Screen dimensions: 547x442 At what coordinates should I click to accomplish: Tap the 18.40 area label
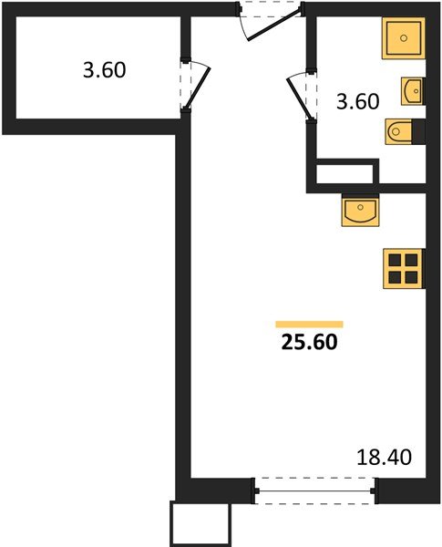pos(383,455)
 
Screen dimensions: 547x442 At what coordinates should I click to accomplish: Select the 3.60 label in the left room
pos(105,70)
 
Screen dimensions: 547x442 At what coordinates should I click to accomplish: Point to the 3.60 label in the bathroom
pos(357,102)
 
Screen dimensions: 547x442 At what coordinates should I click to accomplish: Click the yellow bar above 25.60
pos(309,324)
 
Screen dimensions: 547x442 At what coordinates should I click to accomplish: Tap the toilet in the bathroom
pos(401,133)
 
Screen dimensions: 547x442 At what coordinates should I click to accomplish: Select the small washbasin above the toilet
pos(412,89)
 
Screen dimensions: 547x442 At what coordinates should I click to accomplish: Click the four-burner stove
pos(402,268)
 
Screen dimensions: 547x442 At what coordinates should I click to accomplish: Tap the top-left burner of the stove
pos(395,260)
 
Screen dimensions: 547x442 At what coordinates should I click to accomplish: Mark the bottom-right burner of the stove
pos(410,276)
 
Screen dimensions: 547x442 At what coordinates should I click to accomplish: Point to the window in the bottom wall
pos(314,492)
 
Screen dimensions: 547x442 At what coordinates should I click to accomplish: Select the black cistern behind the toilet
pos(418,133)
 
